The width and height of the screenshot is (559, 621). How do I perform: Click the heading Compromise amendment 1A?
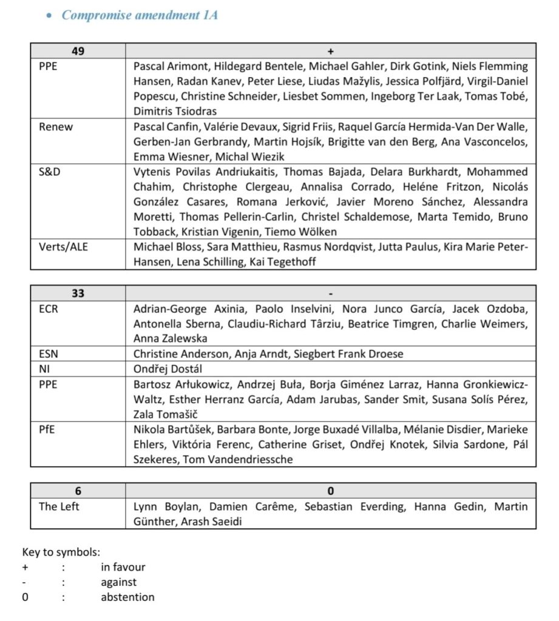click(140, 15)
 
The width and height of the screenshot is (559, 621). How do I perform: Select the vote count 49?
click(78, 51)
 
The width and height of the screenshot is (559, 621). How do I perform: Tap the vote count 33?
click(78, 294)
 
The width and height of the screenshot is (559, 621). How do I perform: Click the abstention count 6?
click(78, 491)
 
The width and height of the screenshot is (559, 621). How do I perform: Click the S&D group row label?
click(51, 172)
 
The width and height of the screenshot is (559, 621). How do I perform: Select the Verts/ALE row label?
click(63, 247)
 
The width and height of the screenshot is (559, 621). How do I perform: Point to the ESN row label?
click(49, 354)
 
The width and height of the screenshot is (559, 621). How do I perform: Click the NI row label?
click(44, 369)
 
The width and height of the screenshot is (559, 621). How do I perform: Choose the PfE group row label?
click(47, 429)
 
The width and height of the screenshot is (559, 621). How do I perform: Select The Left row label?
click(59, 506)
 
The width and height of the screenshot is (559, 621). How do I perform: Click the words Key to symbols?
click(61, 552)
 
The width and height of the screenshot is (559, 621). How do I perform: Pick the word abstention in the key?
click(127, 597)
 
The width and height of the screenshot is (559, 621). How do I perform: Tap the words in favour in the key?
click(123, 567)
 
